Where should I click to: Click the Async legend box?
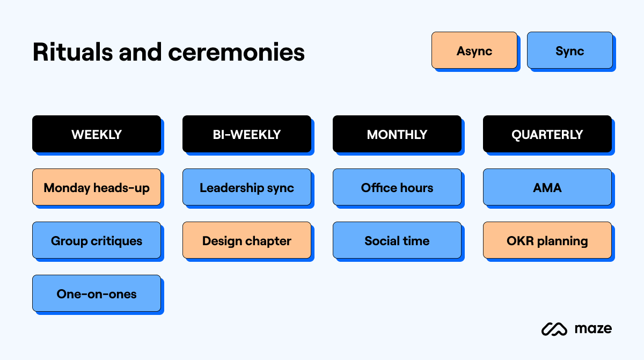[x=474, y=50]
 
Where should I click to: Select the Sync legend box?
[x=569, y=50]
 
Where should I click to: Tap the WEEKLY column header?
[x=97, y=134]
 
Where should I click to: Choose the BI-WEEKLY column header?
[x=247, y=134]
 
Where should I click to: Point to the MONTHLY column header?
[x=397, y=134]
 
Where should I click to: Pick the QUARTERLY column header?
[x=547, y=134]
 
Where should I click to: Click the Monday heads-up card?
[x=97, y=187]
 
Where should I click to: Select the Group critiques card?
[x=97, y=240]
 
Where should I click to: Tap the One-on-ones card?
[x=97, y=293]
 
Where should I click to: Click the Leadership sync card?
[x=247, y=187]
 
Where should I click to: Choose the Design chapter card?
[x=247, y=240]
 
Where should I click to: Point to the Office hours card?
[x=397, y=187]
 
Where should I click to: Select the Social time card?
[x=397, y=240]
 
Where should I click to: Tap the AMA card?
[x=547, y=187]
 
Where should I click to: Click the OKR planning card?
[x=547, y=240]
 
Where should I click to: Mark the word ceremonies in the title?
[x=236, y=52]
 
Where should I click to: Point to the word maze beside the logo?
[x=592, y=328]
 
